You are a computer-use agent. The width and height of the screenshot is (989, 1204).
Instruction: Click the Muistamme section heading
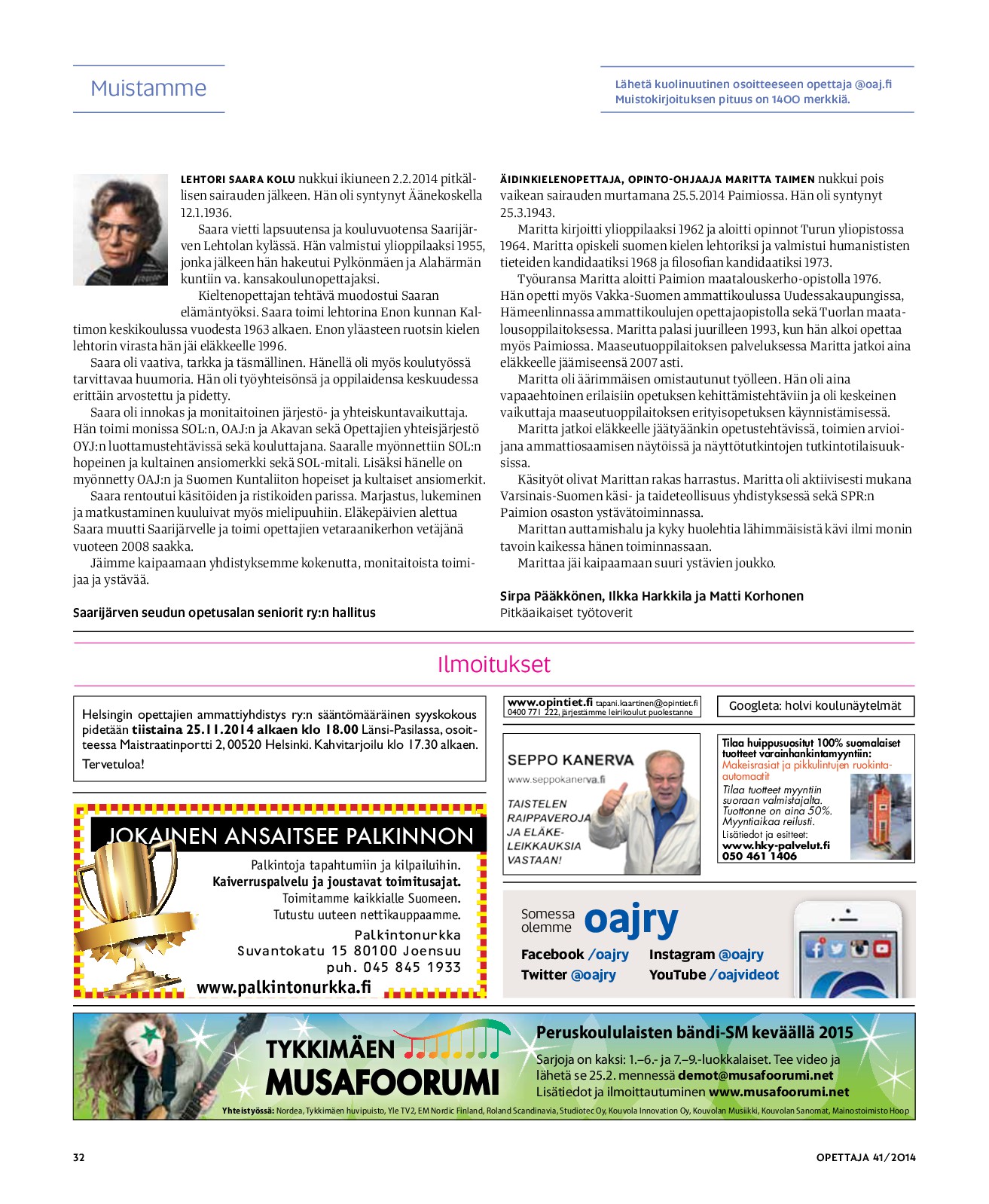point(148,88)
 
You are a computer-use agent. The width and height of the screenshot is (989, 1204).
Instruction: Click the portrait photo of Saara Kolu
point(121,229)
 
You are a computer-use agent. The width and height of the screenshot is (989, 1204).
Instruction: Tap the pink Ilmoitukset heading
point(493,665)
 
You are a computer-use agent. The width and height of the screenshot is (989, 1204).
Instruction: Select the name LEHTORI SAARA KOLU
point(237,179)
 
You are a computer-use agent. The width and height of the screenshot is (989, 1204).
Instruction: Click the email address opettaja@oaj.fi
point(872,84)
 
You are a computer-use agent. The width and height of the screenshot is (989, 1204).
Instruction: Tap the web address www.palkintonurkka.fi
point(284,987)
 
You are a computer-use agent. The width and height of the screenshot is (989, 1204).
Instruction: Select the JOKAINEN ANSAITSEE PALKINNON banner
point(289,836)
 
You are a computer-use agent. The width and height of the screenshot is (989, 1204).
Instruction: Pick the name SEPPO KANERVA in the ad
point(570,760)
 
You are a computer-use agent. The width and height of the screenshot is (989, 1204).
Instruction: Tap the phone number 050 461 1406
point(759,856)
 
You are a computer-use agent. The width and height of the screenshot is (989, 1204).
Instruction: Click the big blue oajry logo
point(630,919)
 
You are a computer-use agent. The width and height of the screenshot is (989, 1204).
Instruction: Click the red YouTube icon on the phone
point(881,948)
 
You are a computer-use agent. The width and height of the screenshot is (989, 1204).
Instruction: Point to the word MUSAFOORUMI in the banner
point(382,1083)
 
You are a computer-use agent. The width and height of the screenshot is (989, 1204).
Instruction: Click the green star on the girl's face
point(150,1033)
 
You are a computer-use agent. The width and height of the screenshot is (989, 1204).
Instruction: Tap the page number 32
point(79,1157)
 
